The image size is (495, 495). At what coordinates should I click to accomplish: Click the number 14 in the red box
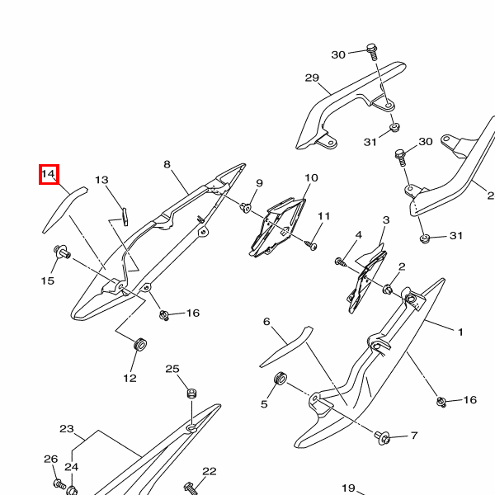pyautogui.click(x=48, y=174)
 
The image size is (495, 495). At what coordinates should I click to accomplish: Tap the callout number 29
pyautogui.click(x=311, y=78)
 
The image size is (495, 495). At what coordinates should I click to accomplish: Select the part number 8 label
pyautogui.click(x=167, y=164)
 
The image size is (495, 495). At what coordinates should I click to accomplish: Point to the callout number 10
pyautogui.click(x=311, y=178)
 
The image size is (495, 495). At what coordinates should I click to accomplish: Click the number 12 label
pyautogui.click(x=130, y=378)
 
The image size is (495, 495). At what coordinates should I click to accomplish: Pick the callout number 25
pyautogui.click(x=172, y=369)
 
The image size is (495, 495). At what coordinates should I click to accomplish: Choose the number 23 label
pyautogui.click(x=67, y=429)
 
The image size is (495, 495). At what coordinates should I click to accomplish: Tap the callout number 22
pyautogui.click(x=209, y=471)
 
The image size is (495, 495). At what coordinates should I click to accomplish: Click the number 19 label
pyautogui.click(x=348, y=488)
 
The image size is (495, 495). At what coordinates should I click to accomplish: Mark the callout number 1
pyautogui.click(x=461, y=332)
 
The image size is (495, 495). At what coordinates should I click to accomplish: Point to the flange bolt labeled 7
pyautogui.click(x=384, y=436)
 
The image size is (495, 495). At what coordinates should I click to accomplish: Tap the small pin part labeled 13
pyautogui.click(x=124, y=214)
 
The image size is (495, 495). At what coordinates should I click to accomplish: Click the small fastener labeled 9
pyautogui.click(x=246, y=207)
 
